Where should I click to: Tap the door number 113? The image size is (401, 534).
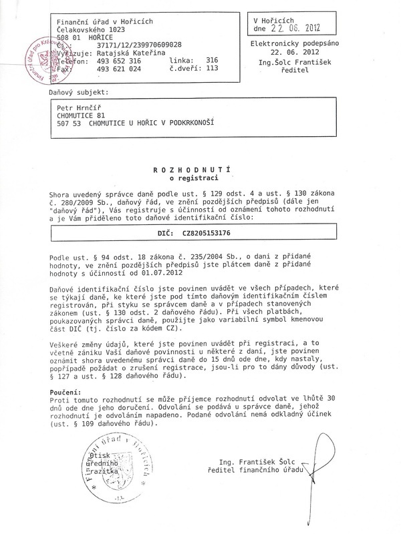tap(213, 67)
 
